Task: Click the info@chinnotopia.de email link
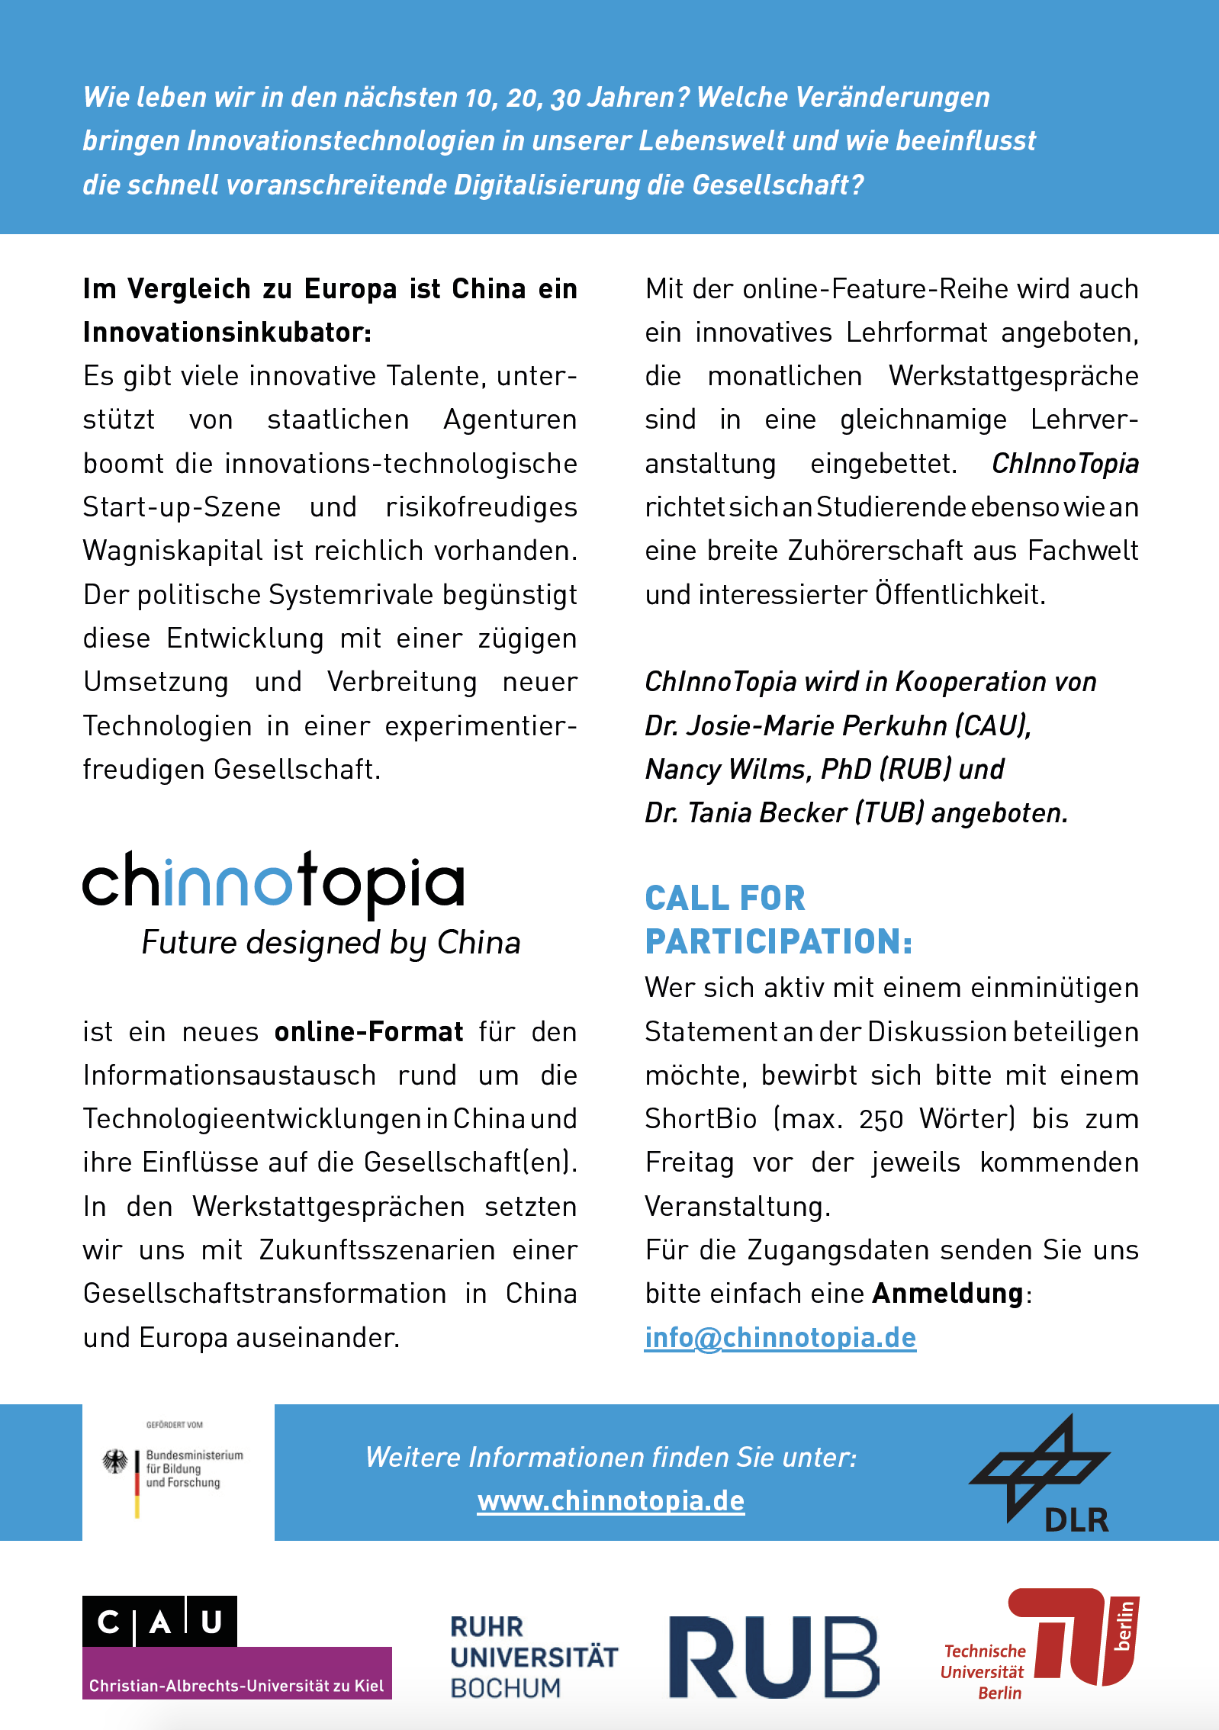pos(780,1337)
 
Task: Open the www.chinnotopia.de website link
pos(610,1500)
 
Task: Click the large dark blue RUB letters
pos(774,1657)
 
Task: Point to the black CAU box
pos(159,1621)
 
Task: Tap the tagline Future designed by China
pos(331,943)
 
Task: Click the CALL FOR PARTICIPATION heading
pos(778,919)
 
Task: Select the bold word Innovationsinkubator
pos(226,333)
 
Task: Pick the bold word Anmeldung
pos(947,1294)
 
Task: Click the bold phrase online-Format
pos(368,1032)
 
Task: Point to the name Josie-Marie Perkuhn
pos(817,725)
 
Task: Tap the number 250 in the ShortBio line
pos(880,1120)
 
